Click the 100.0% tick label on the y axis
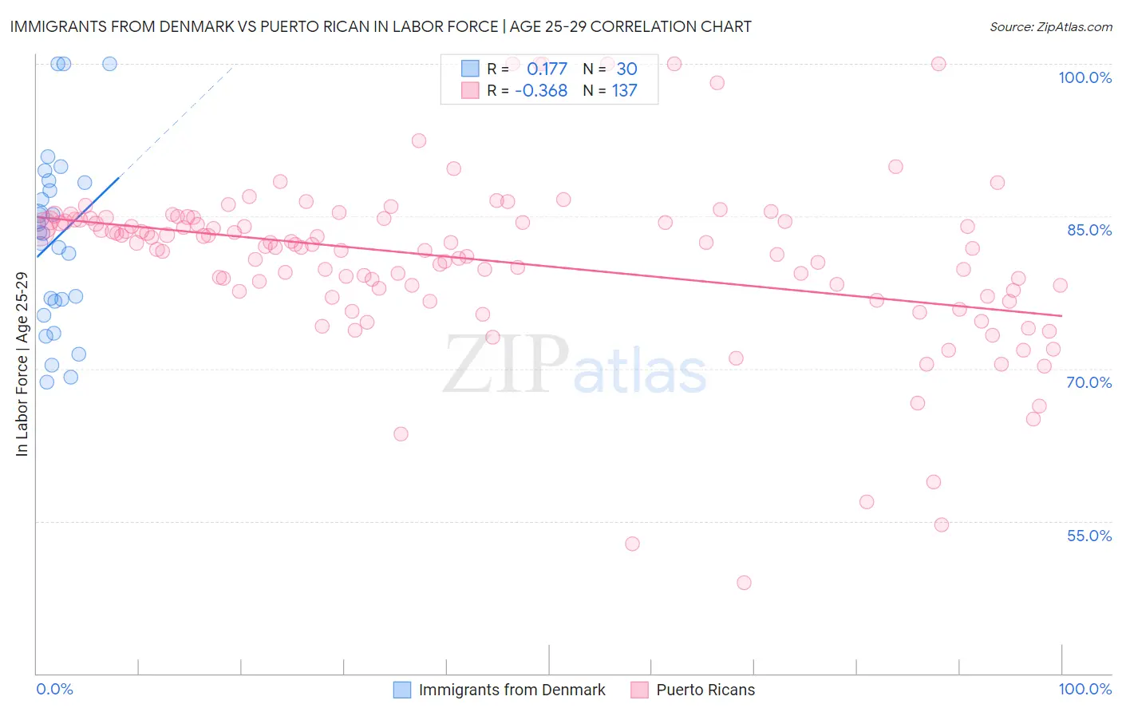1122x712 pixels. (x=1084, y=77)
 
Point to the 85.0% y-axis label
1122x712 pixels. (x=1089, y=230)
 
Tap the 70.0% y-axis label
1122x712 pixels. (x=1089, y=382)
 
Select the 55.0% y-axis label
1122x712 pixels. (x=1089, y=536)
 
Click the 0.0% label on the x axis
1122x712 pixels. (x=54, y=689)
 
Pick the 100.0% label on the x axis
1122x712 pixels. (x=1084, y=689)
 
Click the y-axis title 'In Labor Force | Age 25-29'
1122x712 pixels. (x=22, y=364)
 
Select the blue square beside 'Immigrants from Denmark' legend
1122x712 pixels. (x=402, y=690)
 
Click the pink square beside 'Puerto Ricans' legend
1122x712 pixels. (x=639, y=690)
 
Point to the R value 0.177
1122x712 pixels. (x=547, y=69)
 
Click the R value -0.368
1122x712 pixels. (x=541, y=90)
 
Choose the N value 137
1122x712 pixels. (x=625, y=90)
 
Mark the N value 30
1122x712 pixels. (x=626, y=69)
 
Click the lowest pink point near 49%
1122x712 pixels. (x=744, y=583)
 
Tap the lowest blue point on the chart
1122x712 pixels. (x=47, y=382)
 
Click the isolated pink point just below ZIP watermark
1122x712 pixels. (x=401, y=433)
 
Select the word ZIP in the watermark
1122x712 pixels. (x=505, y=364)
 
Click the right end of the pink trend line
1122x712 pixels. (x=1061, y=316)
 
